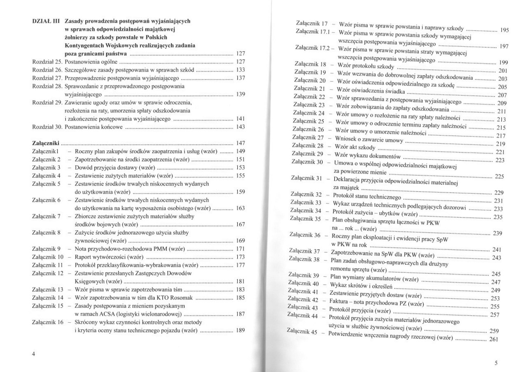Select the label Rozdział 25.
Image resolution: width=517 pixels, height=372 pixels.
click(46, 62)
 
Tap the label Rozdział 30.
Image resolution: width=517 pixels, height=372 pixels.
click(46, 127)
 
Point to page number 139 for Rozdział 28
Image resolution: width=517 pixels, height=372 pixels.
click(241, 94)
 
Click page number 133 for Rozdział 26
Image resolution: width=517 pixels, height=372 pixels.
click(241, 70)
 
